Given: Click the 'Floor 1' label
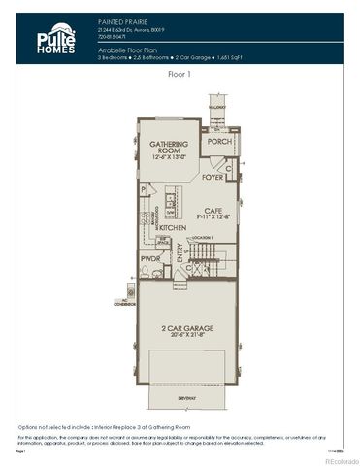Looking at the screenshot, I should [x=180, y=73].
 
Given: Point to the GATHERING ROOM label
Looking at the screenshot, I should [x=167, y=147].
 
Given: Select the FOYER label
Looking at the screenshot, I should [x=212, y=178].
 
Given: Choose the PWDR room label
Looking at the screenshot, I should [x=149, y=259].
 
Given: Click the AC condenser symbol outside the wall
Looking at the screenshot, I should [x=130, y=289].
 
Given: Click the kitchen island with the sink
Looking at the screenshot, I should [x=168, y=206].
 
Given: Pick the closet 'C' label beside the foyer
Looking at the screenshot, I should [x=227, y=168].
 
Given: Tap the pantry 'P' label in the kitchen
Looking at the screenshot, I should [x=143, y=189].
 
